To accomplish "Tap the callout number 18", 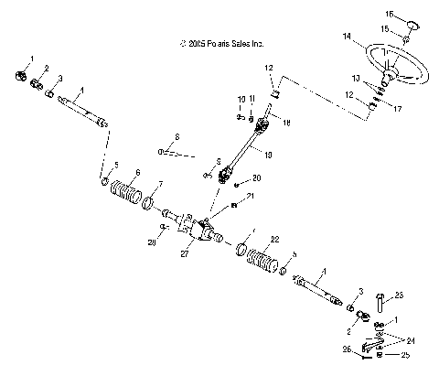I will pyautogui.click(x=285, y=121).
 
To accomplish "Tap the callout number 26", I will pyautogui.click(x=346, y=349).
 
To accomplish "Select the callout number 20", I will pyautogui.click(x=256, y=177).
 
